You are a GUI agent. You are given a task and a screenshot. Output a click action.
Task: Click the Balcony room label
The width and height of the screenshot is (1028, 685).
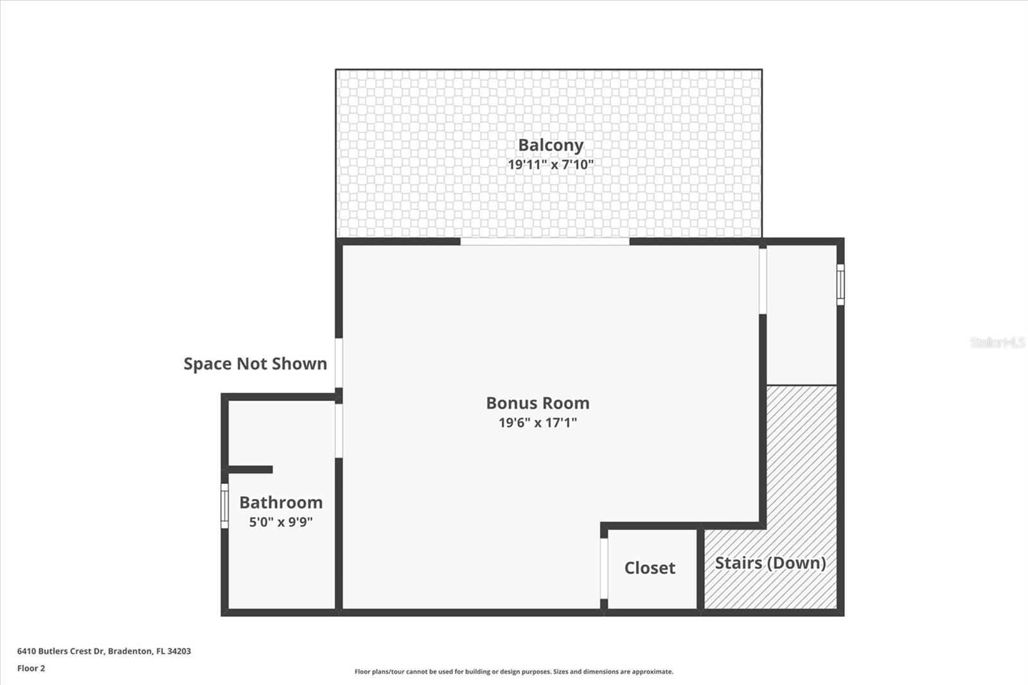pos(551,145)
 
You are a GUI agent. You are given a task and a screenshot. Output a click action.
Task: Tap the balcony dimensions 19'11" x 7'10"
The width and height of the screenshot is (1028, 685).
pos(551,165)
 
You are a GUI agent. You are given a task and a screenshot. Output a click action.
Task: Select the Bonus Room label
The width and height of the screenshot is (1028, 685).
pos(538,403)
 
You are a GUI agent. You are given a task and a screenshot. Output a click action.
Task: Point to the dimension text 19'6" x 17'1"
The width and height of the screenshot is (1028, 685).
pos(538,423)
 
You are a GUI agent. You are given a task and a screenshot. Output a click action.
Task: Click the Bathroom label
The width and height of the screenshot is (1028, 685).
pos(281,503)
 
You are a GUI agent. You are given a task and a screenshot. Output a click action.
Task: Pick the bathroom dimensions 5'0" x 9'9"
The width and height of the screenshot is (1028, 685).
pos(281,522)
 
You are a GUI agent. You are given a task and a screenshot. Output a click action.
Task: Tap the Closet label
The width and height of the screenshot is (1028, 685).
pos(650,568)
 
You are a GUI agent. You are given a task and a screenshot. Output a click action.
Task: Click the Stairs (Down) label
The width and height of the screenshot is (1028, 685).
pos(770,563)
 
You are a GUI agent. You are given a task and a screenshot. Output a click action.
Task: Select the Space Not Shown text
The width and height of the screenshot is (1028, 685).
pos(255,364)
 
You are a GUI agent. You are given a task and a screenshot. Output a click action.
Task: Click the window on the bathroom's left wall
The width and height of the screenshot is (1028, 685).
pos(224,506)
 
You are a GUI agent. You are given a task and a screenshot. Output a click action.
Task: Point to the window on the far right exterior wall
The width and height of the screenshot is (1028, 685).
pos(840,283)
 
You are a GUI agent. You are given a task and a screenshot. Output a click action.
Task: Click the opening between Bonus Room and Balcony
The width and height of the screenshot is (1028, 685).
pos(545,242)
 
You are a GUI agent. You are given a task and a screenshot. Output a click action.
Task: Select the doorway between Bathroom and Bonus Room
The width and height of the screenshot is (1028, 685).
pos(339,431)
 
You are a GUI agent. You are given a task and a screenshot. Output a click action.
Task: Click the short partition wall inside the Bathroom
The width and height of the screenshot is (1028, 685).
pos(251,470)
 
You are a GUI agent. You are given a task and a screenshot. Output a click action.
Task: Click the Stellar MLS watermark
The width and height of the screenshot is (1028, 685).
pos(998,342)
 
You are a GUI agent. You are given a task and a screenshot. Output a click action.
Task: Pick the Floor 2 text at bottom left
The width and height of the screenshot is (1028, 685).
pos(31,668)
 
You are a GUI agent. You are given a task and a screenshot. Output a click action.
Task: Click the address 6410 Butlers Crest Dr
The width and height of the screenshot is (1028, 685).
pos(104,651)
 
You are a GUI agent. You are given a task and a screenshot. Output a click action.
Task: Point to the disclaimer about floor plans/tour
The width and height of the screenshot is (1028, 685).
pos(514,672)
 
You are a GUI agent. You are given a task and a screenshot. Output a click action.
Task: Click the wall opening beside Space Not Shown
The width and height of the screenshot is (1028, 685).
pos(339,363)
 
